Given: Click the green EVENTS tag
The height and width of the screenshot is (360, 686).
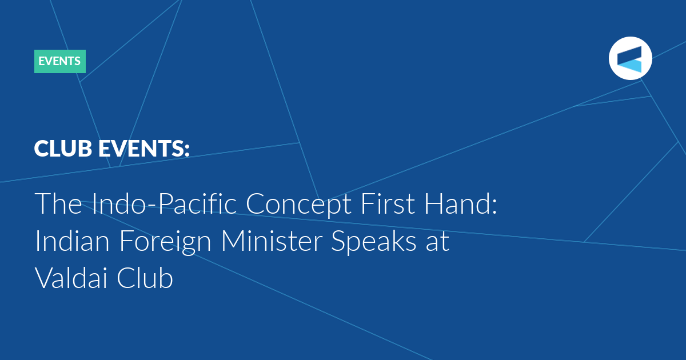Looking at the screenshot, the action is (60, 61).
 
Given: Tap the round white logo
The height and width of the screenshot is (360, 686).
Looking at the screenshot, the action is (630, 58).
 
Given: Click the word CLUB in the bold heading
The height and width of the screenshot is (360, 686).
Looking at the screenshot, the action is (63, 149).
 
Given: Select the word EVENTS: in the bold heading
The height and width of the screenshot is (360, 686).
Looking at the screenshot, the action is (144, 149).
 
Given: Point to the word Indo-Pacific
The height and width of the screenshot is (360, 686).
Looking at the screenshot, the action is (164, 203).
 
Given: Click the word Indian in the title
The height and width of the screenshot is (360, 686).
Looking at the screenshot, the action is (72, 241).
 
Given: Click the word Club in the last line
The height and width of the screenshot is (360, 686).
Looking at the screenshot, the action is (145, 278).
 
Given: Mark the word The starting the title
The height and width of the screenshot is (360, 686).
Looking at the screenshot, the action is (58, 203).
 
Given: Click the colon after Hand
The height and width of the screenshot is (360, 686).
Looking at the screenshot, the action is (494, 207).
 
